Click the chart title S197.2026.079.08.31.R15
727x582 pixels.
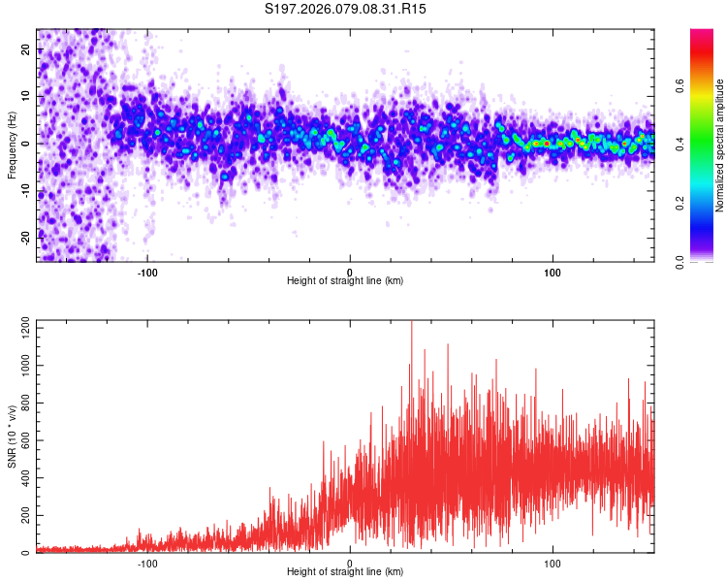[346, 9]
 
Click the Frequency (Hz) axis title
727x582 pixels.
[12, 144]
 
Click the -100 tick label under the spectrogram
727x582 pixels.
[147, 271]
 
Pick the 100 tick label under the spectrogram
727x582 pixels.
[553, 271]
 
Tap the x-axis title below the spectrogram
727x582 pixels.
[345, 281]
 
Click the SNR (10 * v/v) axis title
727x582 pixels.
[12, 436]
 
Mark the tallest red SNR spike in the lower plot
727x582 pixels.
[412, 324]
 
